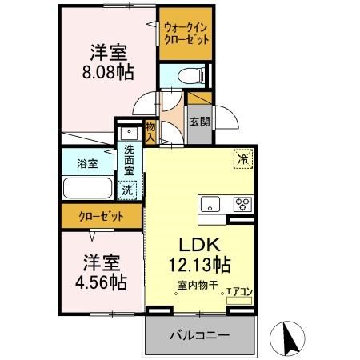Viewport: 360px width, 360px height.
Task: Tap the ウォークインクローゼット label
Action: (x=184, y=33)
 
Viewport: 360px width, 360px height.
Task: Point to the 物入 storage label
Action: (x=150, y=130)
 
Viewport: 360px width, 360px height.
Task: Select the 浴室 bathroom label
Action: (x=88, y=163)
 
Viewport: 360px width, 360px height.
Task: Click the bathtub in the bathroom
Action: (x=88, y=189)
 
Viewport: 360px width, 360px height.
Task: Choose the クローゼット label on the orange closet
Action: (x=101, y=215)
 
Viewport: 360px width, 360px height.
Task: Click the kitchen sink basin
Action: (x=210, y=202)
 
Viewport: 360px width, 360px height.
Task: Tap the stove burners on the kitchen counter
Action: (x=242, y=203)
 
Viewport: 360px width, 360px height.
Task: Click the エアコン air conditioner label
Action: (x=239, y=292)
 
